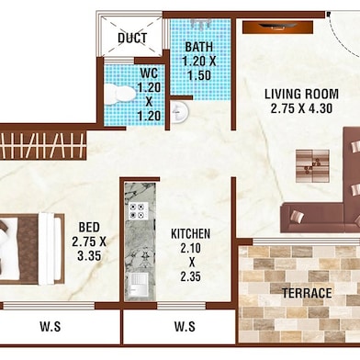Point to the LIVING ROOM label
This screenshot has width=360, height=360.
[301, 94]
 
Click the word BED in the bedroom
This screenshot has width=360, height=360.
[89, 227]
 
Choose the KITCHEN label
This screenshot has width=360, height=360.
[191, 234]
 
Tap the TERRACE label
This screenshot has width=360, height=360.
[307, 293]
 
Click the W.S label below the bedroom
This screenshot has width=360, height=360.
[51, 326]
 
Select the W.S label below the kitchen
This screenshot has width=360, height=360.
[184, 326]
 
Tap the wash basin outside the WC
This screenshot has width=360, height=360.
[181, 112]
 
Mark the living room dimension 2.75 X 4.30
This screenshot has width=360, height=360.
[301, 108]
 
